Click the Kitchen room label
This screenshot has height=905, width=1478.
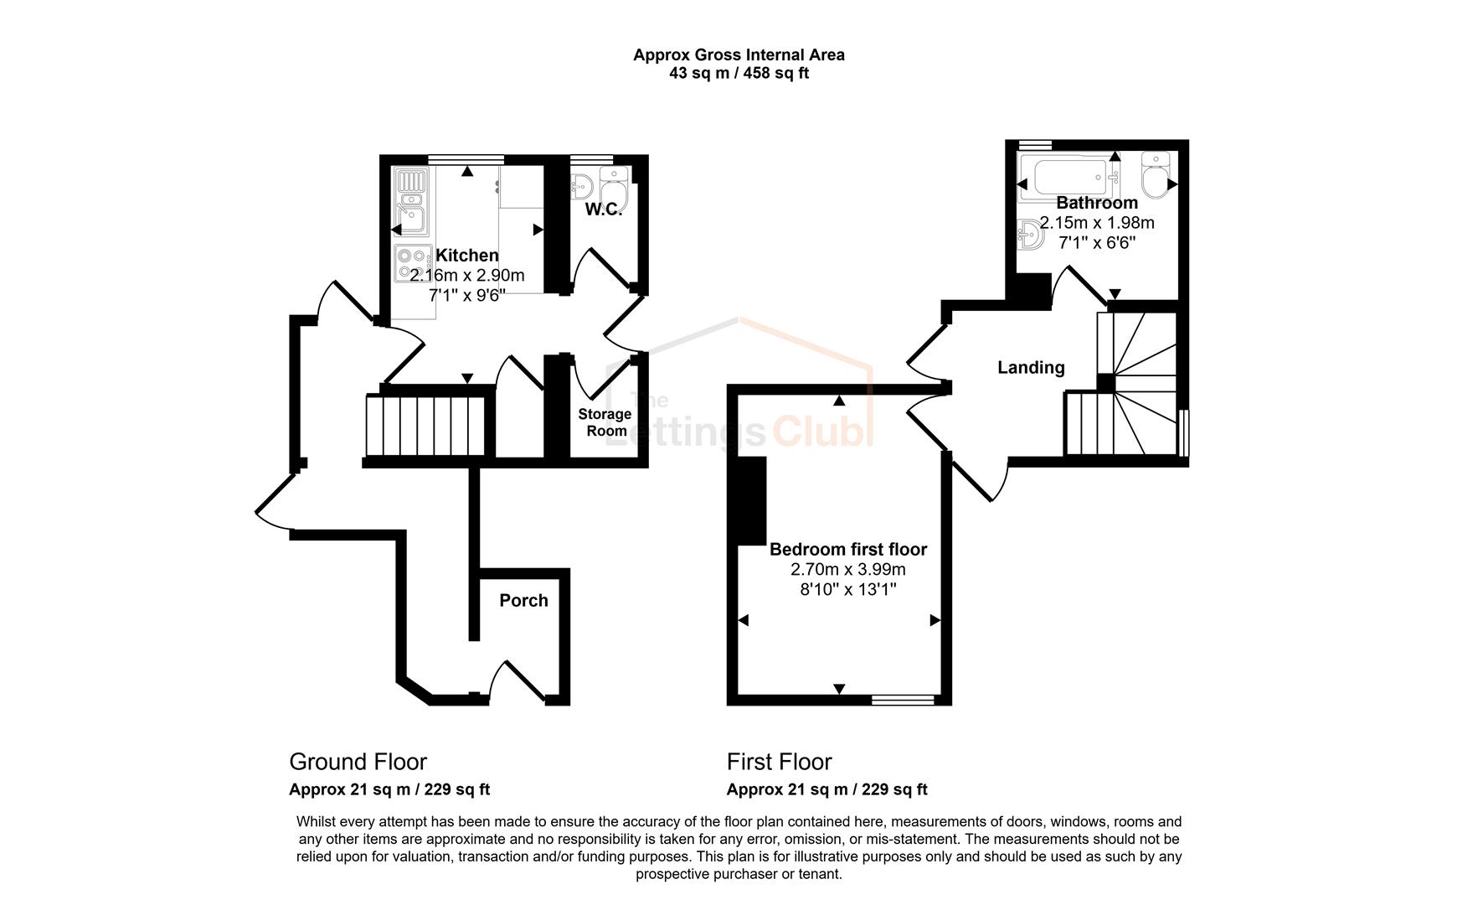[466, 256]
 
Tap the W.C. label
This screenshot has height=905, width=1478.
[603, 209]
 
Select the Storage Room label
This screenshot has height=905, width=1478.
[605, 422]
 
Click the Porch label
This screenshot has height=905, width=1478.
[523, 601]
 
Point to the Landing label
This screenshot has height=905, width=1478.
[1031, 368]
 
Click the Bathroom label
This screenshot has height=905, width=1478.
[1096, 203]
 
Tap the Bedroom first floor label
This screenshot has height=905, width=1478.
[847, 550]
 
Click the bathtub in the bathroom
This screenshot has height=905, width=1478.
[1072, 177]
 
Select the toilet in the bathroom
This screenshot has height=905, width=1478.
[1156, 176]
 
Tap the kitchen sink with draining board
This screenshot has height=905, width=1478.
[411, 202]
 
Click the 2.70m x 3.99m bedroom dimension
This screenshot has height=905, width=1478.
[847, 570]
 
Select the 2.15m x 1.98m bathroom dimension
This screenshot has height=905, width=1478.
[1096, 223]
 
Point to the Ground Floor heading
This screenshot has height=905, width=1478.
[358, 762]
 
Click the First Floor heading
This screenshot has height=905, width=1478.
[779, 762]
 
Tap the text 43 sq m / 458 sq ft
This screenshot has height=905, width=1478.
[738, 73]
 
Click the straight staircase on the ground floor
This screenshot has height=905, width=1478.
[425, 426]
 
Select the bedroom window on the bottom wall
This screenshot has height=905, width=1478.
[903, 699]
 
